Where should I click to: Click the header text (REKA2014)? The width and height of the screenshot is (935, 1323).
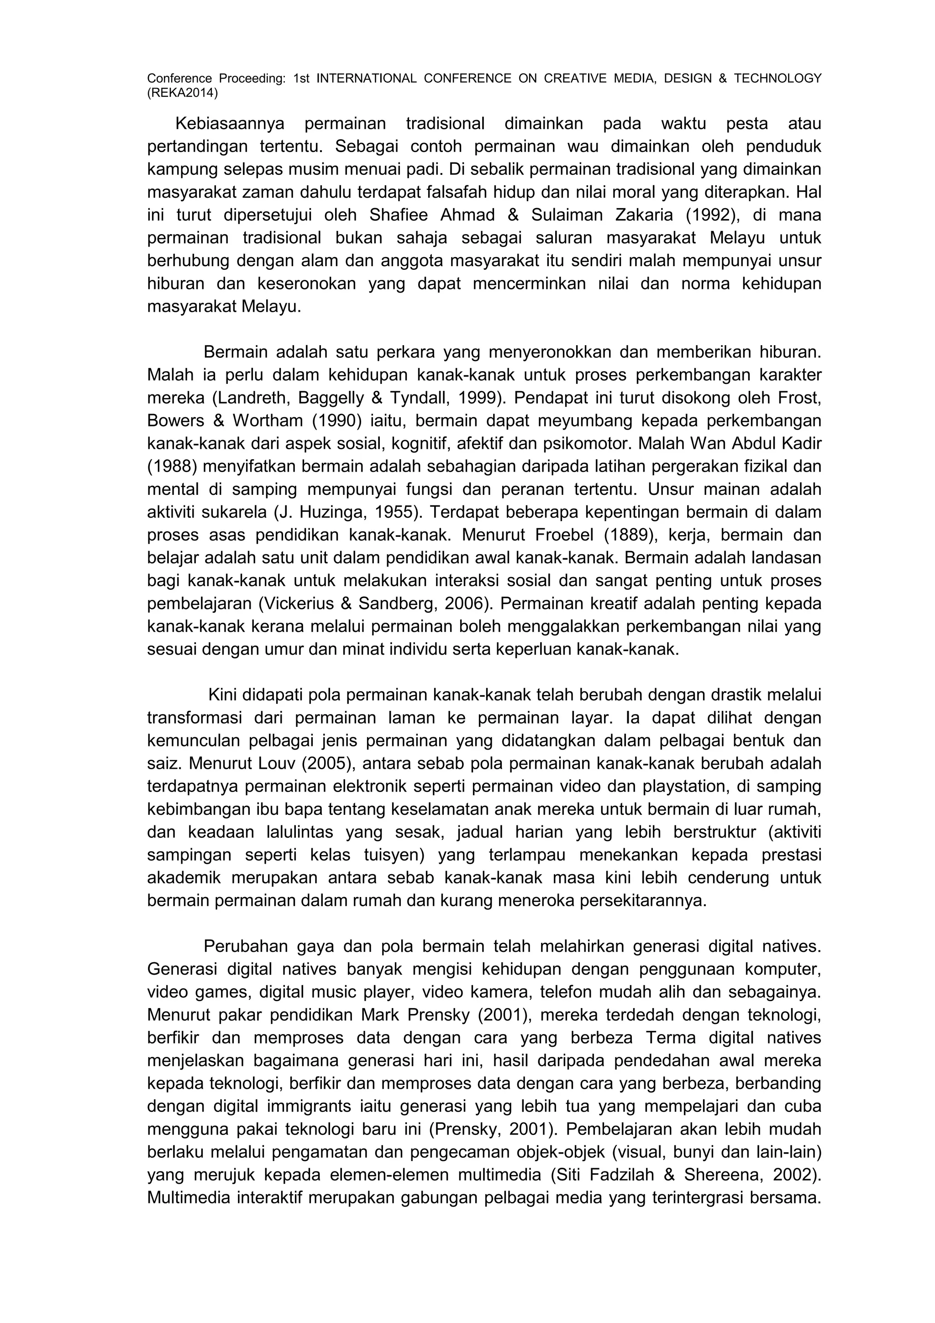[x=183, y=92]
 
